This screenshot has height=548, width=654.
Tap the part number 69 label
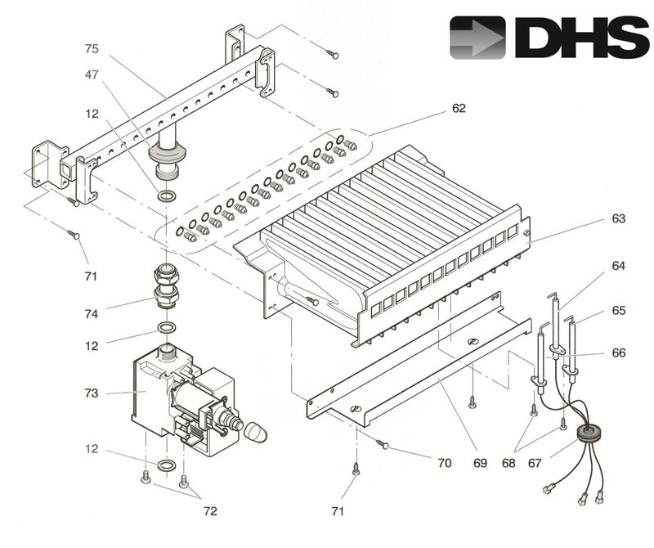(480, 463)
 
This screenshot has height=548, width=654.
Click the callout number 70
(444, 463)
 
